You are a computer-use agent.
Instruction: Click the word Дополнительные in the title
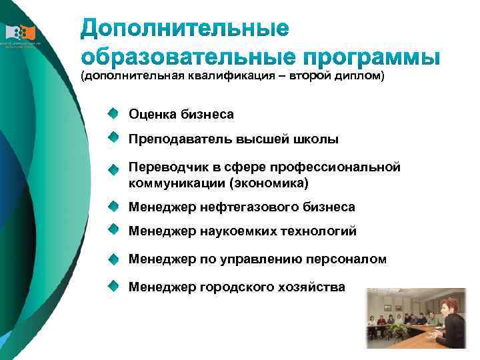(x=185, y=29)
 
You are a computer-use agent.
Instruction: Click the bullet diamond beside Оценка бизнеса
(x=115, y=113)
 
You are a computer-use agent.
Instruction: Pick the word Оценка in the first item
(x=152, y=115)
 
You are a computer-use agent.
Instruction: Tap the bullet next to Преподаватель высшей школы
(x=115, y=138)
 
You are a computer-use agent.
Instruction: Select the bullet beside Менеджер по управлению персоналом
(x=115, y=257)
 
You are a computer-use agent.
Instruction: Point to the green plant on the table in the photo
(x=399, y=329)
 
